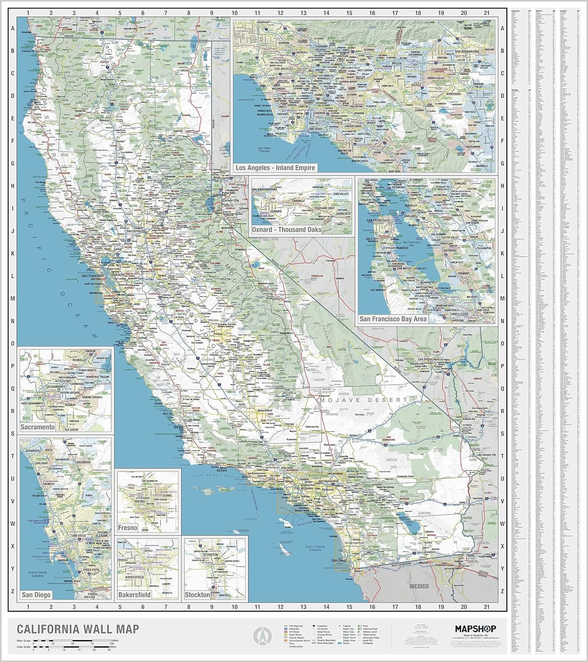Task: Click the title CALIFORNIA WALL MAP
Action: click(78, 629)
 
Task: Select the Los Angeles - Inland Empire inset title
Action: click(275, 168)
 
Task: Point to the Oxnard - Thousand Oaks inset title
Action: click(287, 229)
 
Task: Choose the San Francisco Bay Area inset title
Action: click(393, 319)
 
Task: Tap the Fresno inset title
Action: click(127, 528)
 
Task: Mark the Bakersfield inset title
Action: click(134, 594)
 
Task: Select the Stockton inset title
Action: click(197, 594)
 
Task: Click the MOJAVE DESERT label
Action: click(363, 400)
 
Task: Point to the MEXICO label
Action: click(418, 586)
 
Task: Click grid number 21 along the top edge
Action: click(487, 13)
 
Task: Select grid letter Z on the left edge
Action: click(13, 591)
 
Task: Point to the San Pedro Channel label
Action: click(264, 149)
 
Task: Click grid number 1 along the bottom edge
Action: click(28, 607)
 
